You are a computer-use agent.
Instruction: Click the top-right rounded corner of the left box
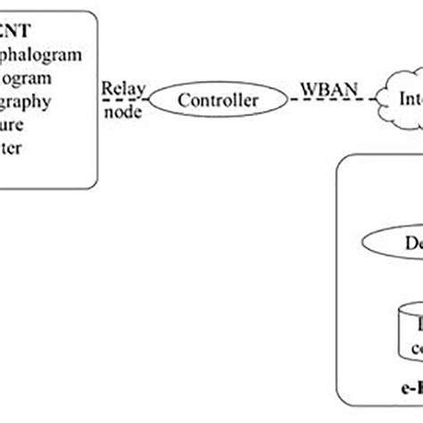point(95,16)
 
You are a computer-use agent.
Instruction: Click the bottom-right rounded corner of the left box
point(95,183)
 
